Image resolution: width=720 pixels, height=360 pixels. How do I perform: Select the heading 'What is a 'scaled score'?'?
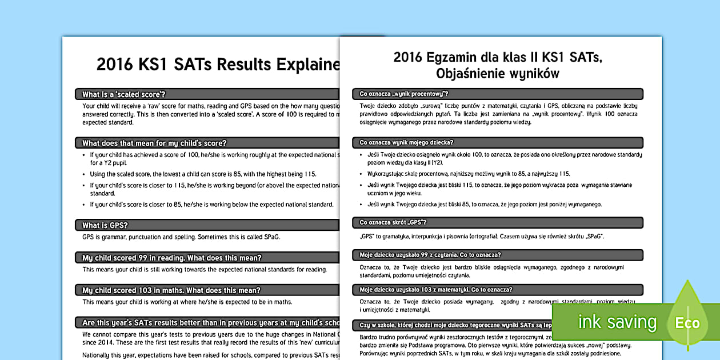coord(127,94)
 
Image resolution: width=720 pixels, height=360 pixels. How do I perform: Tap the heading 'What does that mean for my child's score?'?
coord(154,143)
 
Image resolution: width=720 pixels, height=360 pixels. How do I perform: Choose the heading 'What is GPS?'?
coord(105,225)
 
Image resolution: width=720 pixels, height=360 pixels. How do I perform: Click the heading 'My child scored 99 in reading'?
coord(172,258)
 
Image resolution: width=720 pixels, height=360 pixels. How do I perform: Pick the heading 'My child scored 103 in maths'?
coord(171,290)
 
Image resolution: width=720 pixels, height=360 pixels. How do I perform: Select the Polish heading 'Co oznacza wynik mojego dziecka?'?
coord(406,142)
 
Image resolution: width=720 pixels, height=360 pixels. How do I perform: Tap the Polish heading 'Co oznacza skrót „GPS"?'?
coord(393,222)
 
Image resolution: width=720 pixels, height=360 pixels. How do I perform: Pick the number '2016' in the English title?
coord(114,65)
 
